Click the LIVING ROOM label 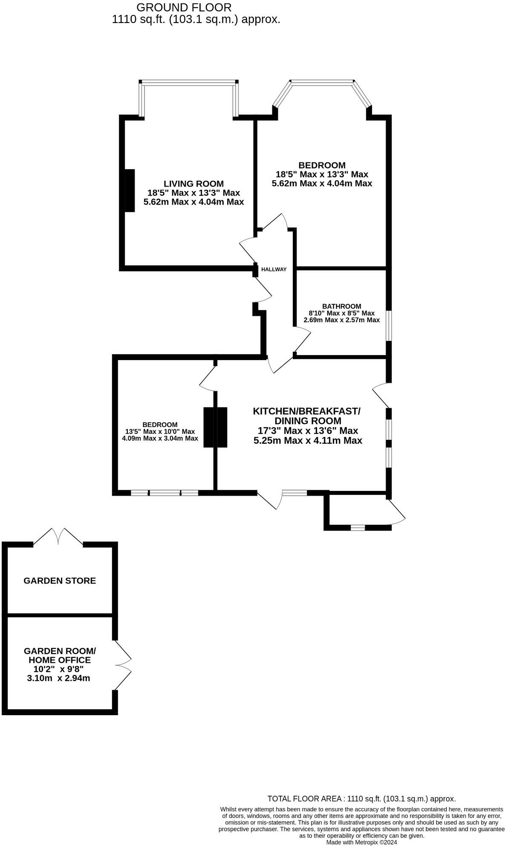coord(193,184)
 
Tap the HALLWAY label coord(274,269)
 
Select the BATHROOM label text coord(341,306)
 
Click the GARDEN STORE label coord(60,580)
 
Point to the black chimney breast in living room coord(130,190)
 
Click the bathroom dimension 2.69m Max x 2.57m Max coord(341,320)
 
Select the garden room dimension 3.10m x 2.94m coord(58,678)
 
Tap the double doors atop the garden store coord(58,537)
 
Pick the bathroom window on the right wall coord(389,326)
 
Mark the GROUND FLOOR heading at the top coord(184,7)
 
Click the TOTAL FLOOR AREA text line coord(361,799)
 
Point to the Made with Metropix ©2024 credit coord(361,842)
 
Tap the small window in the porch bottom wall coord(358,528)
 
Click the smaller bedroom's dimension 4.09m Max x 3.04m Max coord(160,438)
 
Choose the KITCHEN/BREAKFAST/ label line coord(306,411)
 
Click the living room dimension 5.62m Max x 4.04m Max coord(193,202)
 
